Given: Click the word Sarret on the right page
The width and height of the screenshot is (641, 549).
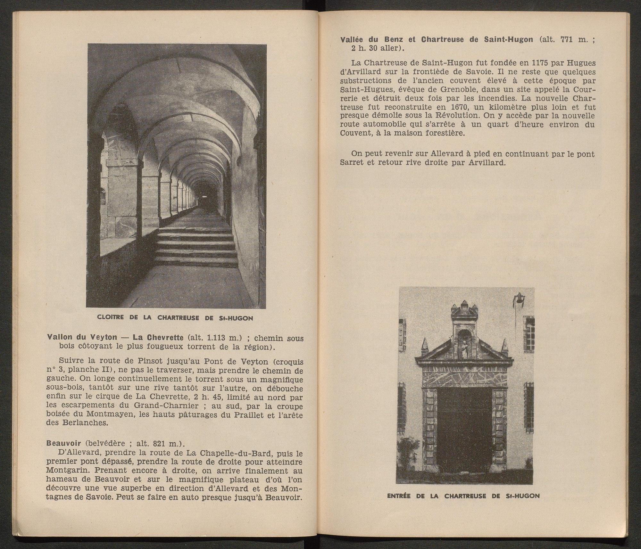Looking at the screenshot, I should (x=352, y=163).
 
